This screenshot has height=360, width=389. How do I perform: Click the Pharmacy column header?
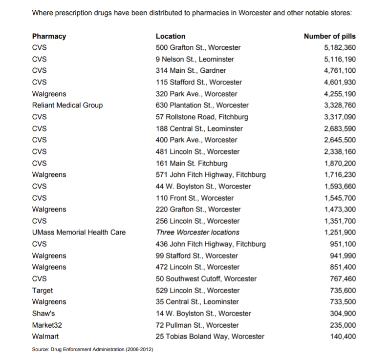[x=49, y=36]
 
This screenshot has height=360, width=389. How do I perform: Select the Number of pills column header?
[x=329, y=36]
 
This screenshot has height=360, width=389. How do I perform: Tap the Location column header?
[x=171, y=36]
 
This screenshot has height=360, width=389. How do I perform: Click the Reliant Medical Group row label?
[x=67, y=105]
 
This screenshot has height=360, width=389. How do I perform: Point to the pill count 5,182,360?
[x=340, y=47]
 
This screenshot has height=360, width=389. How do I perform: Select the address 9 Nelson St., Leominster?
[x=194, y=59]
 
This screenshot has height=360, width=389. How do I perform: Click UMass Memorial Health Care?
[x=79, y=232]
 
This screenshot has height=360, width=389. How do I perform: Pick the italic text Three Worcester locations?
[x=197, y=232]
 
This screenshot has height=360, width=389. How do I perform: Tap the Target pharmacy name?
[x=43, y=290]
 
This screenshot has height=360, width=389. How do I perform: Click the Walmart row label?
[x=45, y=336]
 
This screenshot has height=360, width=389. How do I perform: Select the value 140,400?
[x=343, y=336]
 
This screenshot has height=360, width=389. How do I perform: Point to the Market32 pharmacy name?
[x=47, y=325]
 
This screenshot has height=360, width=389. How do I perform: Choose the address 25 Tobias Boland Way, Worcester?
[x=210, y=336]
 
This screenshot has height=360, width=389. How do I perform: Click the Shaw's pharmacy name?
[x=43, y=313]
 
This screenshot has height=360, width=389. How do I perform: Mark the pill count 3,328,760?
[x=340, y=105]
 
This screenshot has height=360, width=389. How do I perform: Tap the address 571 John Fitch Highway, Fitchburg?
[x=211, y=174]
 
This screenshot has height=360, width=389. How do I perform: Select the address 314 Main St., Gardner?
[x=191, y=70]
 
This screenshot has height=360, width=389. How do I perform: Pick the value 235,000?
[x=343, y=325]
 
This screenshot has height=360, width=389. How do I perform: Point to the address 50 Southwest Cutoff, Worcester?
[x=206, y=278]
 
